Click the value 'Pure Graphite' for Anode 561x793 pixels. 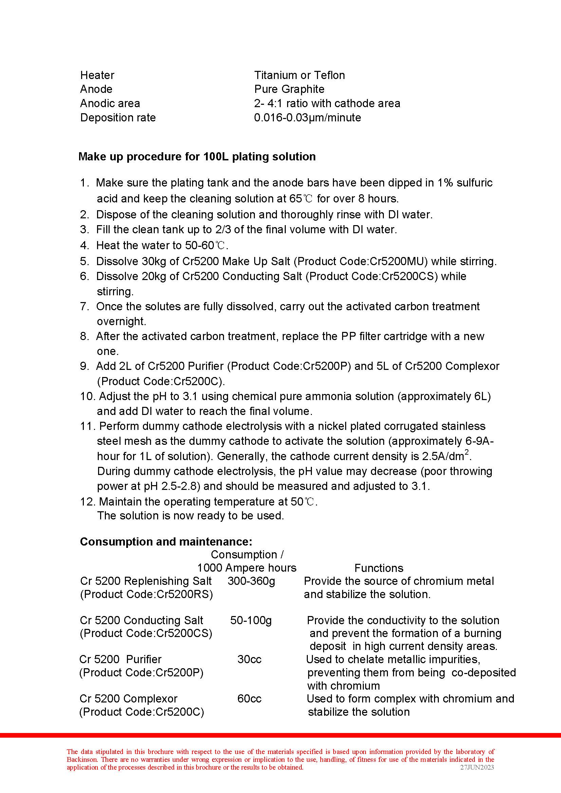pyautogui.click(x=289, y=89)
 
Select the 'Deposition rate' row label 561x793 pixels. pyautogui.click(x=118, y=118)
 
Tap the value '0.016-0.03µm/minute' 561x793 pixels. pyautogui.click(x=307, y=118)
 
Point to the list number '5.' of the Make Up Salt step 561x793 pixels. pyautogui.click(x=85, y=261)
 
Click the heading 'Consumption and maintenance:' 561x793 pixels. pyautogui.click(x=166, y=541)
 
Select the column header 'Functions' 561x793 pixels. pyautogui.click(x=378, y=568)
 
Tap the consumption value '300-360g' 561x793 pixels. pyautogui.click(x=251, y=581)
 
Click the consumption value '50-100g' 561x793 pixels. pyautogui.click(x=251, y=620)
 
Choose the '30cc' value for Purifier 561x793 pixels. pyautogui.click(x=249, y=659)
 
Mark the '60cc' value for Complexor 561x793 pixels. pyautogui.click(x=249, y=698)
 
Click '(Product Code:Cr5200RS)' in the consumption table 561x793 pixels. pyautogui.click(x=146, y=594)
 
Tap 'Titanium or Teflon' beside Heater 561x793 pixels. pyautogui.click(x=299, y=75)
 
